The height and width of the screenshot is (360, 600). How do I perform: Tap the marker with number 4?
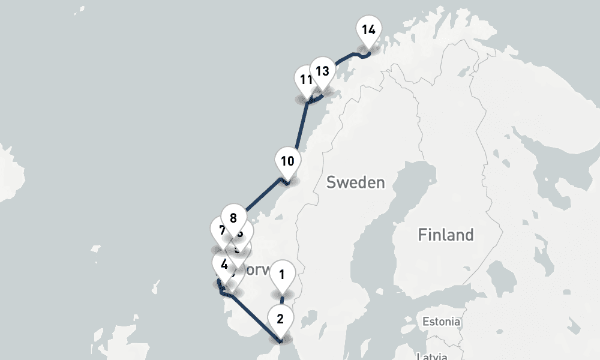coord(224,264)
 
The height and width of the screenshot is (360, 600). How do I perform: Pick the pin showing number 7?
coord(221,230)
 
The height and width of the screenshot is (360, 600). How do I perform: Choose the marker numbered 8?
coord(233,217)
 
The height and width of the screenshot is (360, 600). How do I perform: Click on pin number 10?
coord(287,161)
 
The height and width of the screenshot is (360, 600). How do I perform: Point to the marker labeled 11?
coord(305,80)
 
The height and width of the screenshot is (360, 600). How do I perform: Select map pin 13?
coord(323,71)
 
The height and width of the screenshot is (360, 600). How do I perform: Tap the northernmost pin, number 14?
coord(368,29)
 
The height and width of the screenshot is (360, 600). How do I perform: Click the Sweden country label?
coord(355,182)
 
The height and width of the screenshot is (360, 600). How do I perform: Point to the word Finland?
coord(445,234)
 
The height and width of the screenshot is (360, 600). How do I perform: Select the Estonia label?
coord(441,322)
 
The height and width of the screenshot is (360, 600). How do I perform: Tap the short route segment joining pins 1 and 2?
coord(281,300)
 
